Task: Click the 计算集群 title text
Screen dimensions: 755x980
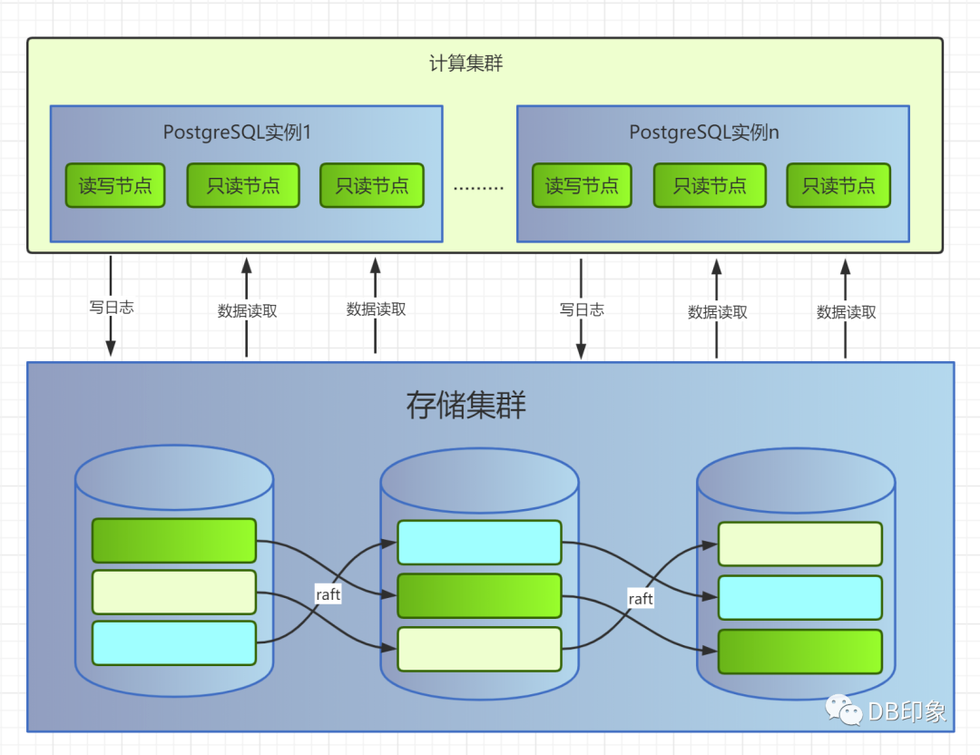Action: coord(465,64)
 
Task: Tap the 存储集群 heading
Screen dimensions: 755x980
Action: coord(465,406)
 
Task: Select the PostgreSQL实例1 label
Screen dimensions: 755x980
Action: coord(237,132)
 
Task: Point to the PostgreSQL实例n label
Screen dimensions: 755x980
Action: coord(704,132)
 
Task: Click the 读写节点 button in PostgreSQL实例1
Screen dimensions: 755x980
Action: coord(115,186)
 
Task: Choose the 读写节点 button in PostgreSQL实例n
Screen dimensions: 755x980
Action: coord(582,186)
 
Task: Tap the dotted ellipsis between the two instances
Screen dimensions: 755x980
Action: coord(478,188)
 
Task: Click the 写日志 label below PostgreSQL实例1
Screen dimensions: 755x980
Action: coord(111,308)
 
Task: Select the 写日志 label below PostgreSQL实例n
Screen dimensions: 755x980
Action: coord(582,309)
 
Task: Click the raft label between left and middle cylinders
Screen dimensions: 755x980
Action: coord(328,594)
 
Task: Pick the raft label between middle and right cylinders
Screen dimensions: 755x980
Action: coord(641,598)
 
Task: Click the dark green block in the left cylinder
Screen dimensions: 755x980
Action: coord(174,541)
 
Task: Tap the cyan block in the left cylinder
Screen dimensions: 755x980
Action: coord(174,642)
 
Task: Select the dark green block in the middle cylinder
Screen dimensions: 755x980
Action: coord(479,596)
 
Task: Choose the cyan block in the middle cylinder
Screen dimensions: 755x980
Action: coord(479,543)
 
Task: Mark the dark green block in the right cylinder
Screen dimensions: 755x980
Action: coord(799,652)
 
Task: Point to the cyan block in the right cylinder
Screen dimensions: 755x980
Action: coord(799,597)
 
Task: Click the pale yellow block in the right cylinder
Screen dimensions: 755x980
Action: coord(799,544)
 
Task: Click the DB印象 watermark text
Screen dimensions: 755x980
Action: coord(906,711)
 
